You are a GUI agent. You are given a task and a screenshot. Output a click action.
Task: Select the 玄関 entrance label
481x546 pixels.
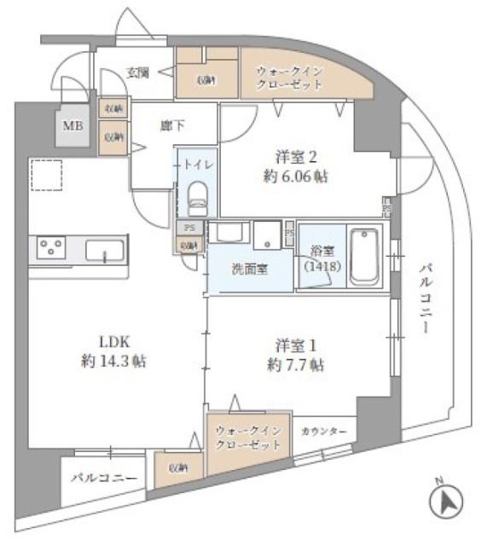coord(139,72)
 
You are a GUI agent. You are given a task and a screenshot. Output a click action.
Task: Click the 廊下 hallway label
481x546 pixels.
coord(172,126)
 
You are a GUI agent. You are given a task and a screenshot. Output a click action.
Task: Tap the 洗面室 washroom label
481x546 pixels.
coord(250,269)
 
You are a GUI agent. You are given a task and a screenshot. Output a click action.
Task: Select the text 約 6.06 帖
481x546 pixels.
coord(296,177)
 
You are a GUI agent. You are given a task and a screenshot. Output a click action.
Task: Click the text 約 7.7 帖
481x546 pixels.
coord(293,365)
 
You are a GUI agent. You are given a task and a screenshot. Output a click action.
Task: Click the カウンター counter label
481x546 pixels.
coord(323,432)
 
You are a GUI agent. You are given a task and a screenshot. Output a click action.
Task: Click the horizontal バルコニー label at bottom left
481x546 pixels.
coord(103,478)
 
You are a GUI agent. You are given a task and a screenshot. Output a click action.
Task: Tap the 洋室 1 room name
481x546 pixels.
coord(296,345)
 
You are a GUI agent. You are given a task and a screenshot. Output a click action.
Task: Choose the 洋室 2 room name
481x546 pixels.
coord(296,157)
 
